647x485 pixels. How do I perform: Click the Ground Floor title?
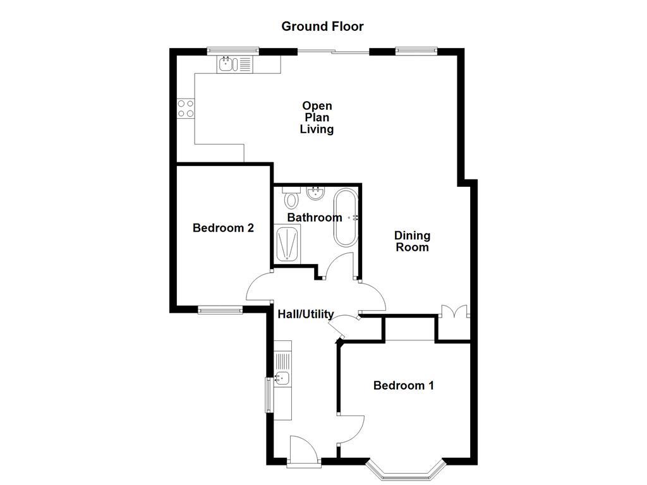[x=322, y=27]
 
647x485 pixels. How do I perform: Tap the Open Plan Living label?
[x=317, y=117]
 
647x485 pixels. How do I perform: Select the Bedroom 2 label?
[x=223, y=228]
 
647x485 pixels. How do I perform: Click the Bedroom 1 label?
[x=403, y=385]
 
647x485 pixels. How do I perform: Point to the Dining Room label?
[x=412, y=241]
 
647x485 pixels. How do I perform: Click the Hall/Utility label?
[x=306, y=314]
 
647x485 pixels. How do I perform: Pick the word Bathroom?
[x=315, y=218]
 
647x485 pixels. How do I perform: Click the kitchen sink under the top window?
[x=227, y=63]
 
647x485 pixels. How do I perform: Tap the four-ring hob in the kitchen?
[x=185, y=109]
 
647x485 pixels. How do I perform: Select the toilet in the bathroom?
[x=291, y=199]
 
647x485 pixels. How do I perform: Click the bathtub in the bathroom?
[x=345, y=217]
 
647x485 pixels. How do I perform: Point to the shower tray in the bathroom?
[x=287, y=243]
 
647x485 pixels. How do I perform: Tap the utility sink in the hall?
[x=282, y=378]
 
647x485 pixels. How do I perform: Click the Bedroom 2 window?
[x=220, y=309]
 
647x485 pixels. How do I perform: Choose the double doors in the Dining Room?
[x=454, y=312]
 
